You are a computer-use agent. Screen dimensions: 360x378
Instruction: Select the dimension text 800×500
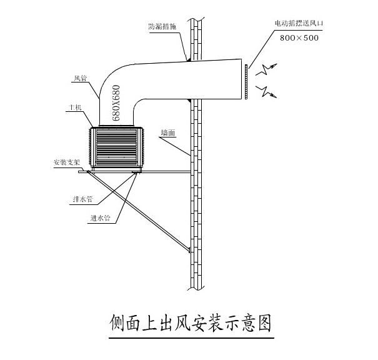coord(300,37)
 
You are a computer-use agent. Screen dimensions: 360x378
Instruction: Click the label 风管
coord(79,78)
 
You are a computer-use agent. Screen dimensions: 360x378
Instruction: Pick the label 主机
coord(76,108)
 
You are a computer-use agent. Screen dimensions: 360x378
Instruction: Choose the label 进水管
coord(99,219)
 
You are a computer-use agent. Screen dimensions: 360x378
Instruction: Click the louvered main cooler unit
coord(117,147)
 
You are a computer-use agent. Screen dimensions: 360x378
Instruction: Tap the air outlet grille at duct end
coord(247,80)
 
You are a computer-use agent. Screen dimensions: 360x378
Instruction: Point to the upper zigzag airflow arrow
coord(272,67)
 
